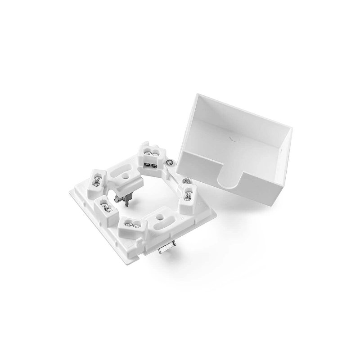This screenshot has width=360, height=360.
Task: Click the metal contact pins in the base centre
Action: [x=131, y=198]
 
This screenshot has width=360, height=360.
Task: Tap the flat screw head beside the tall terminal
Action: [x=169, y=161]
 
